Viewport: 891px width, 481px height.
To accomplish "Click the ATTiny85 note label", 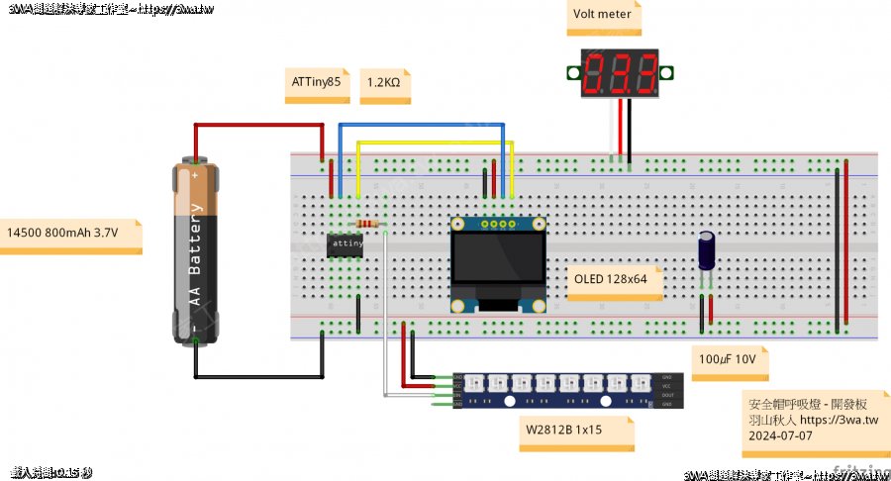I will [316, 84].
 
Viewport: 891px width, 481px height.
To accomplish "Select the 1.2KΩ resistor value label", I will [384, 84].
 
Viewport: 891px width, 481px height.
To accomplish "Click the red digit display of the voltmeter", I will [621, 72].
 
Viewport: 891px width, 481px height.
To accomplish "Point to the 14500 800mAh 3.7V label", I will [63, 234].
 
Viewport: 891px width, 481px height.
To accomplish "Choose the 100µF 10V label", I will [727, 360].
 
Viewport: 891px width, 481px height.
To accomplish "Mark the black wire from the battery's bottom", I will [257, 376].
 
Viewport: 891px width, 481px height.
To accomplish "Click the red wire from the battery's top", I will [257, 126].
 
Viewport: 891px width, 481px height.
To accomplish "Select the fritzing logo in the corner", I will [861, 470].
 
